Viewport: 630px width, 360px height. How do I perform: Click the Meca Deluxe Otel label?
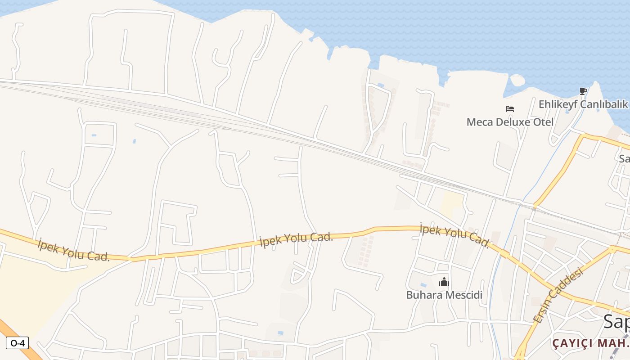click(510, 122)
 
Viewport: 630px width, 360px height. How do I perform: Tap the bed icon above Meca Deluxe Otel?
click(510, 109)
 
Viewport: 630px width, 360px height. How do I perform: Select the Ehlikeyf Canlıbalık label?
click(583, 104)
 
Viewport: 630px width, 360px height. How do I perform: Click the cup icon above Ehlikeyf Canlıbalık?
click(583, 91)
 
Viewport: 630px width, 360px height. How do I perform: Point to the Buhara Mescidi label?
click(444, 295)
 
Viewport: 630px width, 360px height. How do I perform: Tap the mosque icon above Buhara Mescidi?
click(444, 282)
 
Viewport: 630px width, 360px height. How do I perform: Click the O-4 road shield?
click(17, 343)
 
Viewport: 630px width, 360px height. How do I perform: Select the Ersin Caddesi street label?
click(558, 295)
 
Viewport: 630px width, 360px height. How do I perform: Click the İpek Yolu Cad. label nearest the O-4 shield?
click(74, 251)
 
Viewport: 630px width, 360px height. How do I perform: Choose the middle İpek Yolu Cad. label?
click(296, 240)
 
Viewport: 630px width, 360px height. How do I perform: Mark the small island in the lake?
click(517, 80)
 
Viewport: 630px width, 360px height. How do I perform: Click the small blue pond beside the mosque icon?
click(423, 285)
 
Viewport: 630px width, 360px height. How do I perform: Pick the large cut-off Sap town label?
click(616, 321)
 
